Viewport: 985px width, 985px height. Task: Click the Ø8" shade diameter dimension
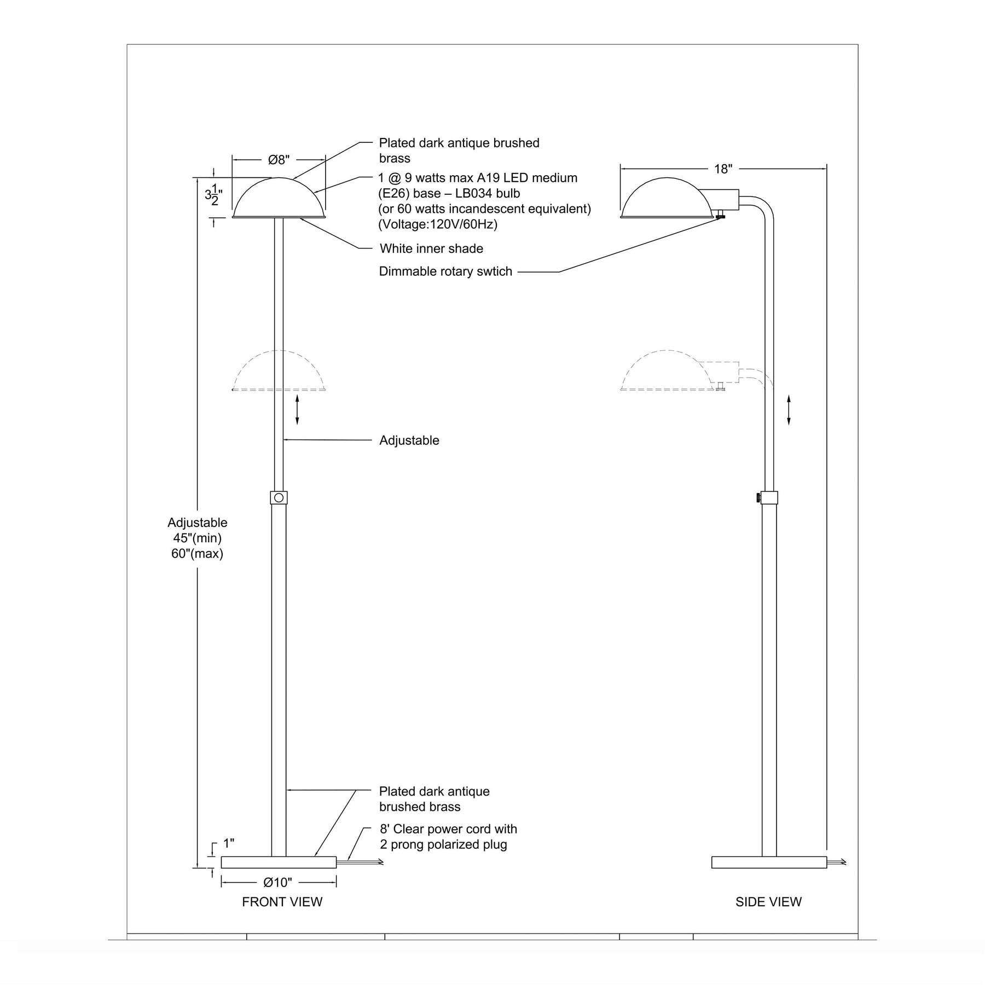[279, 160]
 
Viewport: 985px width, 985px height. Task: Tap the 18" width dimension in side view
[723, 169]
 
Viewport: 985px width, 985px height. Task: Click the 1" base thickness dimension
[229, 843]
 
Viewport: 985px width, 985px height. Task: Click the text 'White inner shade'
[431, 248]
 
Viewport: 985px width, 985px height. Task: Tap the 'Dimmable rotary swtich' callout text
[445, 271]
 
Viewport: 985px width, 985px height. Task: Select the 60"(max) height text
[197, 553]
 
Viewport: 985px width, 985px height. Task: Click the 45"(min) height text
[197, 538]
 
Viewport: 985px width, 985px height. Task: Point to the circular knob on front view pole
[279, 497]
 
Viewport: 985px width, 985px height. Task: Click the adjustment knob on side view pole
[758, 497]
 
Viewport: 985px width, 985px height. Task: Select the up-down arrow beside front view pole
[297, 409]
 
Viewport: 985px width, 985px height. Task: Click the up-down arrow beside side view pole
[789, 410]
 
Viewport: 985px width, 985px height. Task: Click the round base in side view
[769, 862]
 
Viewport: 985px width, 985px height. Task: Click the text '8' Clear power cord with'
[448, 829]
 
